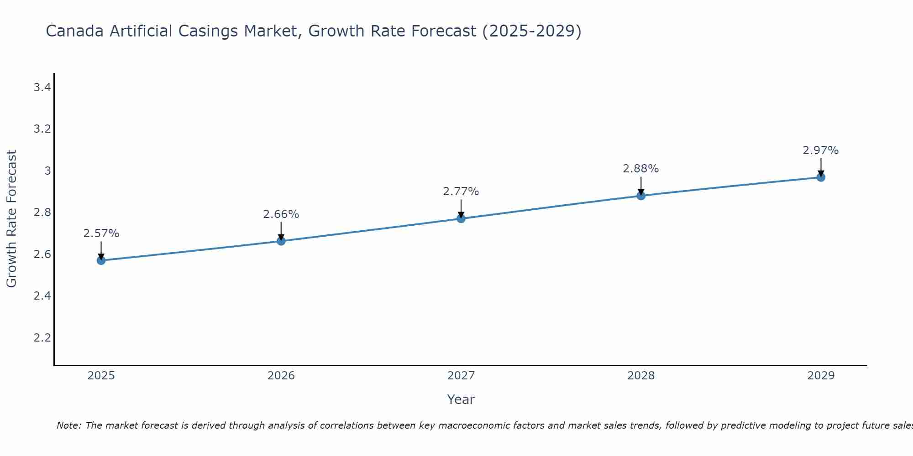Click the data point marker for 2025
point(101,260)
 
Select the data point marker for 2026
point(281,241)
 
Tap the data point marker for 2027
point(461,218)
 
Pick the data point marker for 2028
point(641,196)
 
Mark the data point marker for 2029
point(821,177)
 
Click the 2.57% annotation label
point(101,233)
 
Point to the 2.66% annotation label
point(281,214)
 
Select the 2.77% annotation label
point(461,192)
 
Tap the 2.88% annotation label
point(641,169)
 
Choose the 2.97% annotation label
point(821,150)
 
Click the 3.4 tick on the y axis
point(42,87)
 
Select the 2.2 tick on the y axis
point(42,337)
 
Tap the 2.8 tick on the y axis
point(42,212)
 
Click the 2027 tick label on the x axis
point(461,376)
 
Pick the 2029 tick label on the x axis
point(821,376)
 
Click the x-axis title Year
point(461,399)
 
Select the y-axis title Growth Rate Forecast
point(11,219)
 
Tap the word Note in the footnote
point(68,425)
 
